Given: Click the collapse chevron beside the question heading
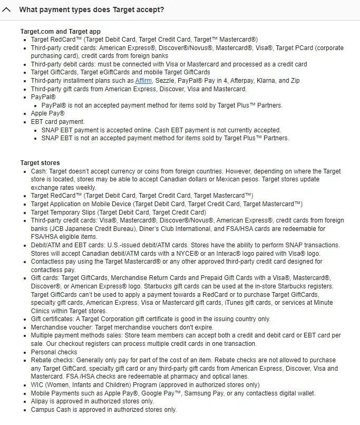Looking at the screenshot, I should point(7,9).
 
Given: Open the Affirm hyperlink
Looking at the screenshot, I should point(143,81).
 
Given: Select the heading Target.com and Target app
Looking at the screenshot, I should point(61,32).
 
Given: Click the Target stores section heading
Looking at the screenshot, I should point(40,162).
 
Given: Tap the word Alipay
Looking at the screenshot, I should point(40,401).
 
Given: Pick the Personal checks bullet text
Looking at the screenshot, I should point(54,352).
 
